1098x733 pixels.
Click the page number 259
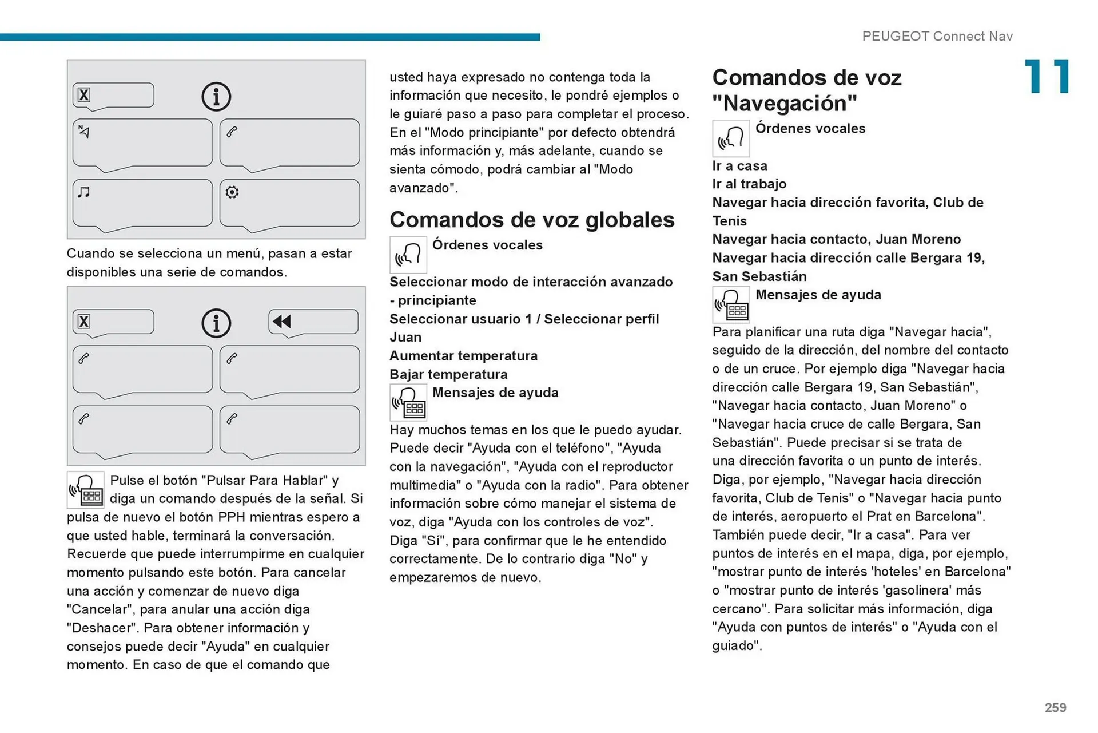point(1055,707)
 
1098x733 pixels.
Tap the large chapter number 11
point(1046,77)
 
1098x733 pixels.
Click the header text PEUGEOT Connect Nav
point(937,36)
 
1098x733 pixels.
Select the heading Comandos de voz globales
point(531,220)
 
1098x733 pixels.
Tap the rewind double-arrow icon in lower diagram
point(282,322)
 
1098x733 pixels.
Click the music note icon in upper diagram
point(84,192)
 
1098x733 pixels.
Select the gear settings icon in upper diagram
point(232,192)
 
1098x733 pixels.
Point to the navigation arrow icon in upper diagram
point(84,132)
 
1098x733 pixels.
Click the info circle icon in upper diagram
point(216,96)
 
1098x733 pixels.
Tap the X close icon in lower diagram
point(84,322)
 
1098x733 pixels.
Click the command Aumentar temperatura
point(463,355)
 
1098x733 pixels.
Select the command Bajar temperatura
point(448,374)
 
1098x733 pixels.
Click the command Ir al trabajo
point(749,184)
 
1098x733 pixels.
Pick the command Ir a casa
point(739,165)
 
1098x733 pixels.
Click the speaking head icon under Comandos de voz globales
point(408,255)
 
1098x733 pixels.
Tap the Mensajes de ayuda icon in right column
point(730,304)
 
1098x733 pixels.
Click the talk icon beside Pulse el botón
point(86,490)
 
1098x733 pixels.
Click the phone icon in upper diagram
point(232,132)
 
